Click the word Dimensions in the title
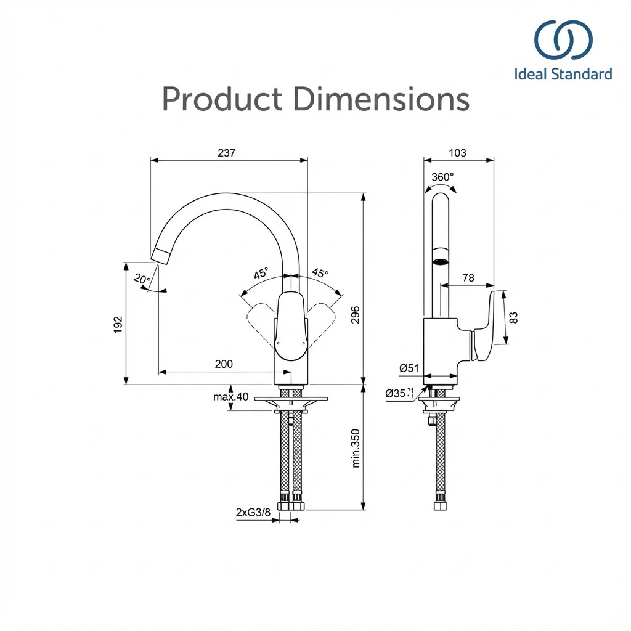pyautogui.click(x=381, y=99)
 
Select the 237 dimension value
pyautogui.click(x=226, y=153)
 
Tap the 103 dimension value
pyautogui.click(x=458, y=153)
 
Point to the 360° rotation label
pyautogui.click(x=442, y=177)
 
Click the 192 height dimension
pyautogui.click(x=118, y=325)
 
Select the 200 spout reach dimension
pyautogui.click(x=224, y=364)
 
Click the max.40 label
pyautogui.click(x=231, y=397)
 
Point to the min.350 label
pyautogui.click(x=356, y=449)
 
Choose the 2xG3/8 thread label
pyautogui.click(x=253, y=512)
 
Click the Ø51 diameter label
pyautogui.click(x=409, y=368)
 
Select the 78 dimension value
pyautogui.click(x=468, y=278)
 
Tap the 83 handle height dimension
pyautogui.click(x=514, y=317)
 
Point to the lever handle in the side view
pyautogui.click(x=482, y=328)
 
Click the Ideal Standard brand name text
pyautogui.click(x=563, y=75)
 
